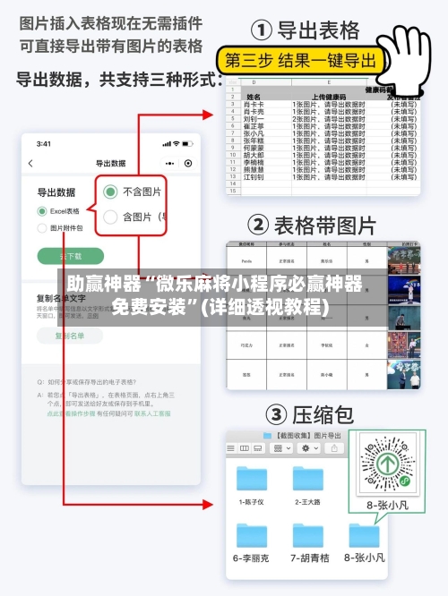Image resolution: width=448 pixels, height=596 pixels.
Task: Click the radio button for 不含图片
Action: pos(111,191)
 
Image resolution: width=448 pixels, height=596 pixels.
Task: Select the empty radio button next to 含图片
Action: pos(111,217)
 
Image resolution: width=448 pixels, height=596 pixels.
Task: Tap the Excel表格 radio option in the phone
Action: pos(42,211)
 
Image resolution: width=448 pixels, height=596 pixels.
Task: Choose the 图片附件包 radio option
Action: pos(42,228)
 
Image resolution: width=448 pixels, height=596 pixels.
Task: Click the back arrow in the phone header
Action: pos(31,164)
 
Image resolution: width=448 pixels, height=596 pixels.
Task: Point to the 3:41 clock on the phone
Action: pos(44,143)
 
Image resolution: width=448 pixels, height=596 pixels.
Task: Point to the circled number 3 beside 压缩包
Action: pos(275,414)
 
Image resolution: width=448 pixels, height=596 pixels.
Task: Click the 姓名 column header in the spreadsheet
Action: pos(254,96)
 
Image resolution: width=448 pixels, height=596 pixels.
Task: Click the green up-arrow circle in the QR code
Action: pos(387,464)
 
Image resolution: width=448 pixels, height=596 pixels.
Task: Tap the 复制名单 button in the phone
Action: pos(69,336)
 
